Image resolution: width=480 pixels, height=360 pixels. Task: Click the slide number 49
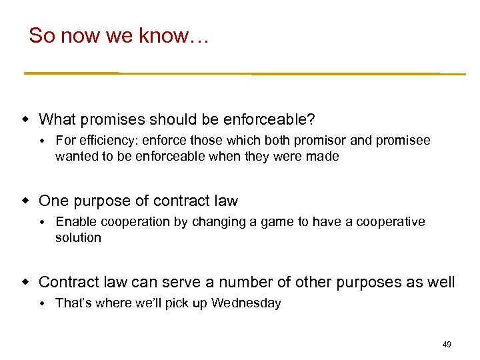tap(447, 345)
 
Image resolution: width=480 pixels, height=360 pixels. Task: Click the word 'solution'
tap(78, 238)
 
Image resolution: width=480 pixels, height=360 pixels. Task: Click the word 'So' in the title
tap(41, 36)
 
